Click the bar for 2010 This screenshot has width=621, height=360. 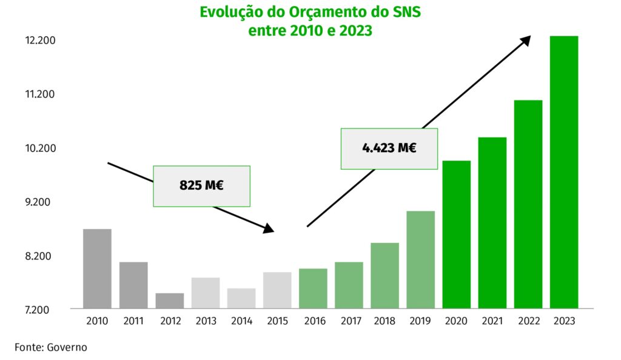97,268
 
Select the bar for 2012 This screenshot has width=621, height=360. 169,301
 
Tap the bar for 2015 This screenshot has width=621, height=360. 277,290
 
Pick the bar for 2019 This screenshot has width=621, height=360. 421,259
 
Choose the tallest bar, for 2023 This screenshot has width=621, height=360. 564,172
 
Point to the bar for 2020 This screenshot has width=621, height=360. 457,235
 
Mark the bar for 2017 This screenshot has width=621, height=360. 349,285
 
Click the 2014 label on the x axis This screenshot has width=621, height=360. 241,321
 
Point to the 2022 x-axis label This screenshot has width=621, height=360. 528,321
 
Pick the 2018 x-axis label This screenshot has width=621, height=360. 384,321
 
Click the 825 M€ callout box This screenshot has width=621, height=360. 201,186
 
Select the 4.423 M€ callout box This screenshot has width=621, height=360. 389,148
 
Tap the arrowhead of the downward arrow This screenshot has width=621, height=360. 269,229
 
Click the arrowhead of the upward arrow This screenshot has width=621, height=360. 525,40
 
